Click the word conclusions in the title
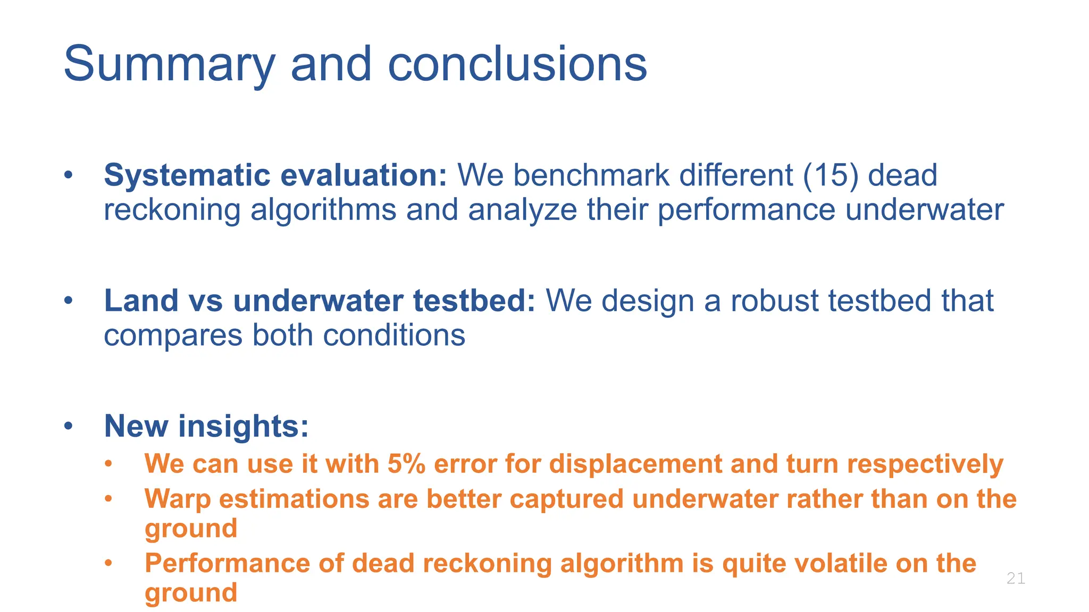(517, 64)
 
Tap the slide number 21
(1016, 578)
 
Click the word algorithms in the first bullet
(323, 209)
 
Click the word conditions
(394, 335)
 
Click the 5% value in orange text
(406, 464)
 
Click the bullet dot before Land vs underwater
(68, 301)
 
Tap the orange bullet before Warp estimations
(108, 499)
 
